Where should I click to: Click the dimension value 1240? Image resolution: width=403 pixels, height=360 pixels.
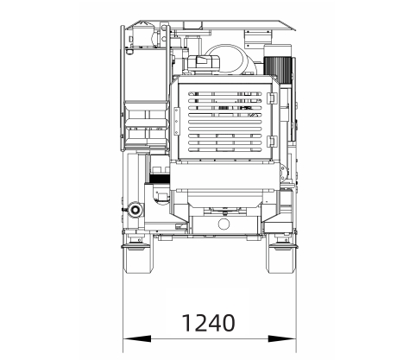pyautogui.click(x=209, y=323)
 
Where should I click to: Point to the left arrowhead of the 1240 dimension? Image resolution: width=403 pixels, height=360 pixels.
pyautogui.click(x=137, y=338)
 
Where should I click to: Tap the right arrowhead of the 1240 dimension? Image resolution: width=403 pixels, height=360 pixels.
pyautogui.click(x=282, y=338)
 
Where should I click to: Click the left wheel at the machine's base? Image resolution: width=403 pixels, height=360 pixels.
pyautogui.click(x=138, y=258)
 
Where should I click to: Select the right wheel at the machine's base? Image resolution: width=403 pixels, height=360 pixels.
pyautogui.click(x=281, y=258)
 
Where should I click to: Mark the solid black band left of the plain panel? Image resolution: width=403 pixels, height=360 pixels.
pyautogui.click(x=160, y=179)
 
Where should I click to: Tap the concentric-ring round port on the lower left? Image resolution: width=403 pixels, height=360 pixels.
pyautogui.click(x=135, y=210)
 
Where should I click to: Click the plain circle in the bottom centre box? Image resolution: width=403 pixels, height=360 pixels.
pyautogui.click(x=224, y=224)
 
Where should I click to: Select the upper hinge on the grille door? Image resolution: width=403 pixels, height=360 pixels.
pyautogui.click(x=272, y=98)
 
